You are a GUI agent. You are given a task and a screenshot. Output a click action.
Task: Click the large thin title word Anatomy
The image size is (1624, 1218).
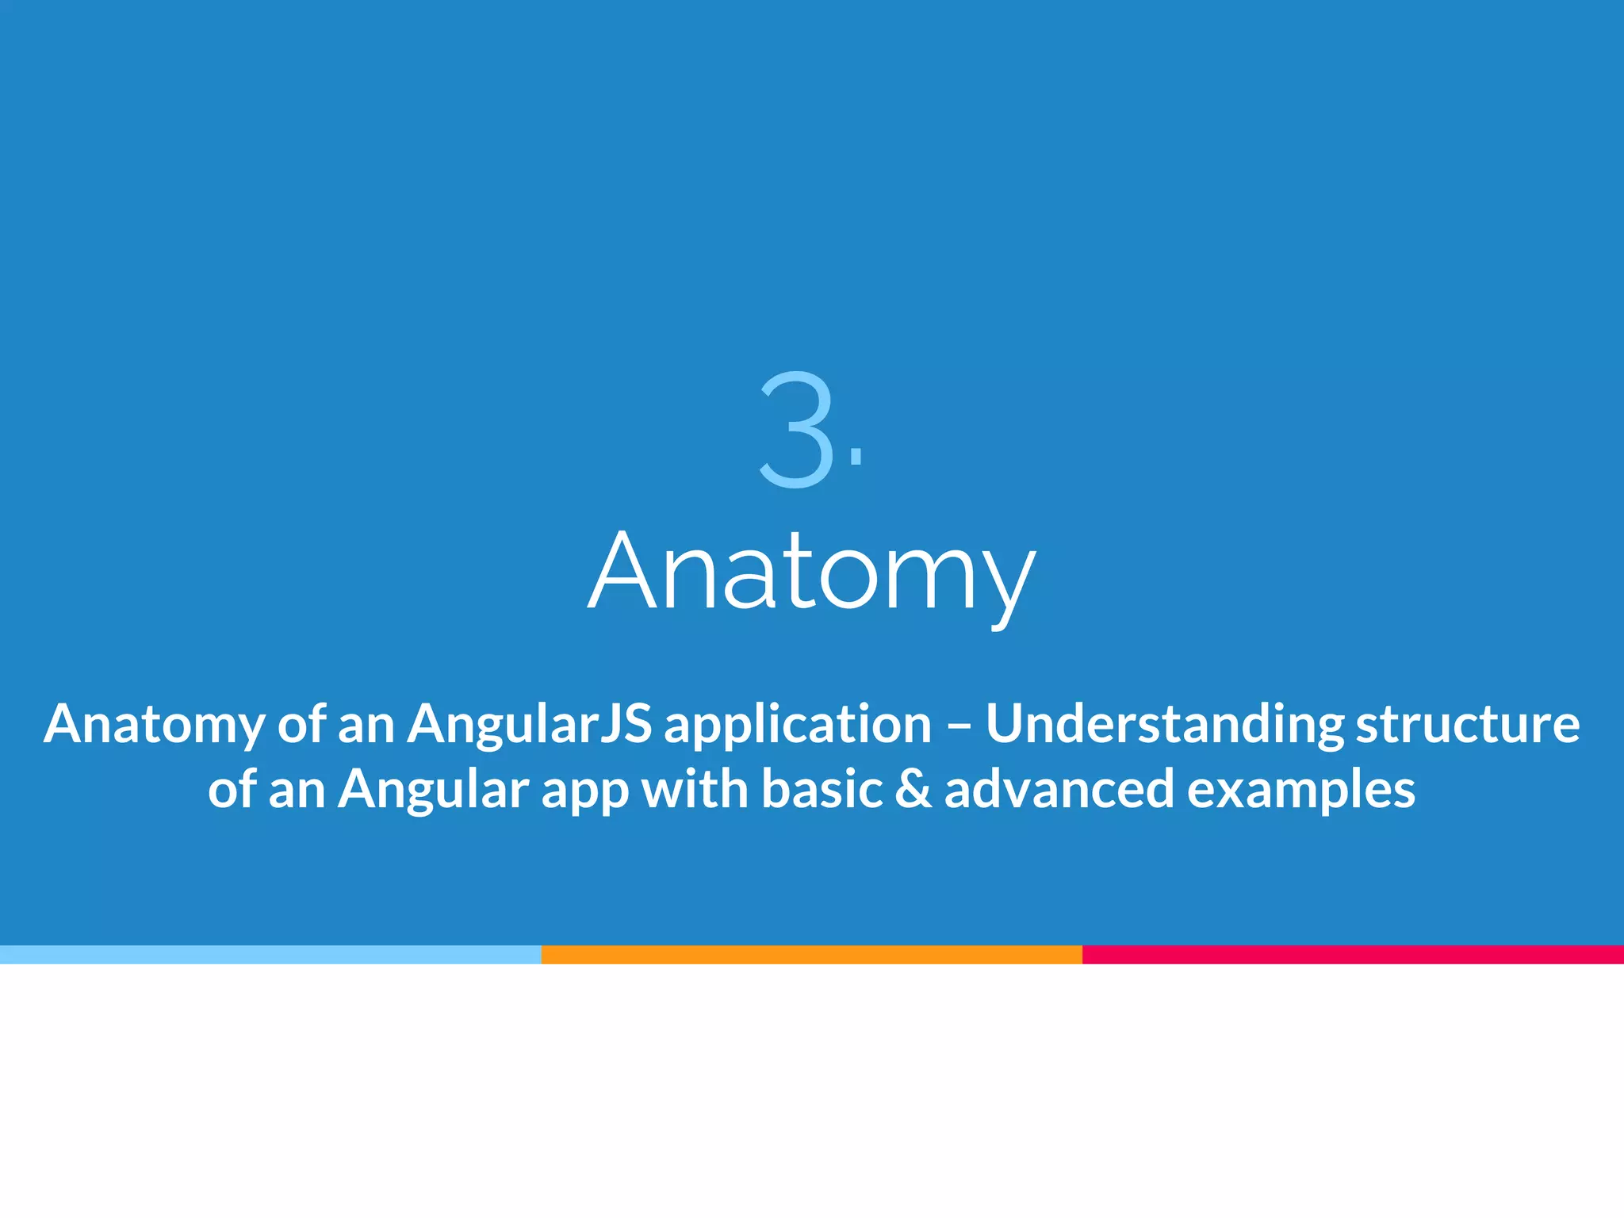pos(811,573)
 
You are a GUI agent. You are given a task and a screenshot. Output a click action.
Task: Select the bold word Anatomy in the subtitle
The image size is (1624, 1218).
pos(154,725)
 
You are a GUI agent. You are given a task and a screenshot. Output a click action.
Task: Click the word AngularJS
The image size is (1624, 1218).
pos(529,725)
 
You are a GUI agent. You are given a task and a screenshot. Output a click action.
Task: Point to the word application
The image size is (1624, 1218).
pos(797,725)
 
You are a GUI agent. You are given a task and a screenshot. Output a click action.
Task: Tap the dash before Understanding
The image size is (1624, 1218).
pos(958,725)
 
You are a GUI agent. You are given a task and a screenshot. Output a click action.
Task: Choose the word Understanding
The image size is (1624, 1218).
pos(1164,725)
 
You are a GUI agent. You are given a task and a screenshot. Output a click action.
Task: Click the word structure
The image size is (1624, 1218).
pos(1467,725)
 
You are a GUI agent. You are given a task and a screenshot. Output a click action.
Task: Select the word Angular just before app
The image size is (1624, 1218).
pos(433,790)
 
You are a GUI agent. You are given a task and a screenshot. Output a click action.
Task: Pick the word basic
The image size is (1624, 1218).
pos(822,790)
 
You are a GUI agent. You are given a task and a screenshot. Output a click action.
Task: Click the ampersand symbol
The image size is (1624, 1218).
pos(913,790)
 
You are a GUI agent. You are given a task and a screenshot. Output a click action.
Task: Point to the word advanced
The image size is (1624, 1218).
pos(1059,790)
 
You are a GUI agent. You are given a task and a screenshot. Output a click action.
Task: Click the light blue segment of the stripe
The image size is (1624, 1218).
pos(270,955)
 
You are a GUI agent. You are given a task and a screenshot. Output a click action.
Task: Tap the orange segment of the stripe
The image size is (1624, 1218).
pos(811,955)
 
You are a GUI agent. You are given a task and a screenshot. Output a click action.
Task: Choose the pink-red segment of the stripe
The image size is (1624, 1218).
pos(1353,955)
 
